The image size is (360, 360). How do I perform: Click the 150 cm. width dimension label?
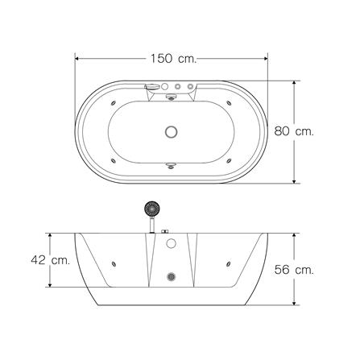pyautogui.click(x=173, y=59)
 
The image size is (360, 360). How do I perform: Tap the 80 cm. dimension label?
pyautogui.click(x=294, y=131)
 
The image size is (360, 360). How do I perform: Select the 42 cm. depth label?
pyautogui.click(x=51, y=260)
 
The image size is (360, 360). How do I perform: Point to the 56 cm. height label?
pyautogui.click(x=294, y=270)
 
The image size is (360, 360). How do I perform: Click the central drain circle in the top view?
pyautogui.click(x=171, y=132)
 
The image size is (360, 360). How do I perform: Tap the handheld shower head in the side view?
pyautogui.click(x=152, y=208)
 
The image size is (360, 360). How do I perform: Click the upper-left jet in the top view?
pyautogui.click(x=114, y=103)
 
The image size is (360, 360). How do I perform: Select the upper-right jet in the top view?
pyautogui.click(x=229, y=103)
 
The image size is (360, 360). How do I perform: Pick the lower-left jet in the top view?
pyautogui.click(x=114, y=161)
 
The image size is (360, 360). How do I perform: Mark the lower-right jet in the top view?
pyautogui.click(x=229, y=161)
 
